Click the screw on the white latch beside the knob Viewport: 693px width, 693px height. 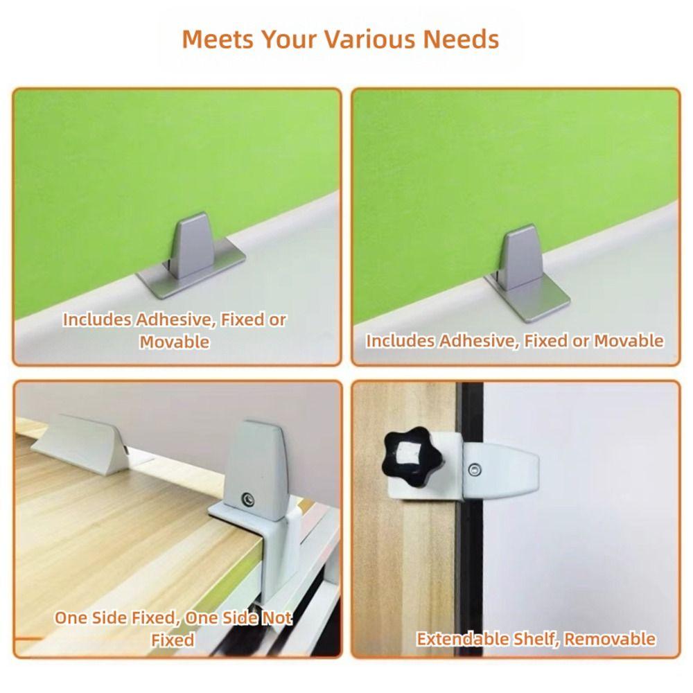tap(474, 470)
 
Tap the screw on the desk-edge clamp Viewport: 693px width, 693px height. tap(247, 498)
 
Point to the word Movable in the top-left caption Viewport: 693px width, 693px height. tap(175, 342)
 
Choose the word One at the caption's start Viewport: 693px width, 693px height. tap(71, 618)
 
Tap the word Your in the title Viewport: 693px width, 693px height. tap(283, 40)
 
